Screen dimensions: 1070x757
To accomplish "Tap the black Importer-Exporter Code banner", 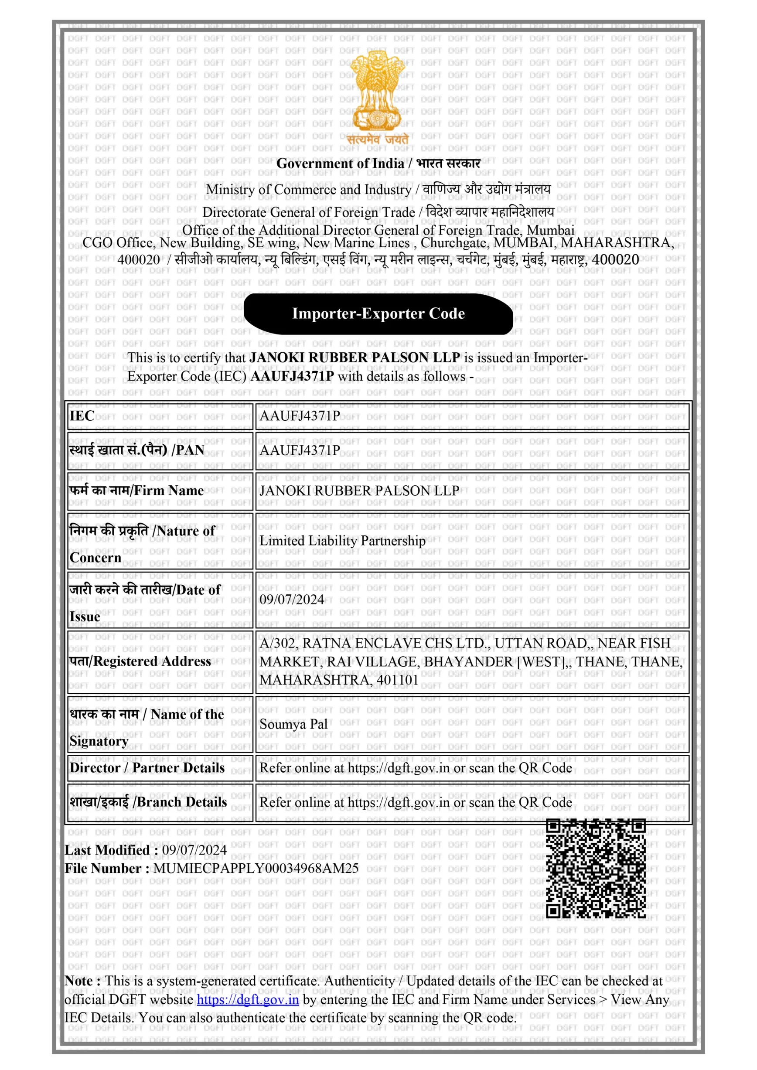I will [378, 314].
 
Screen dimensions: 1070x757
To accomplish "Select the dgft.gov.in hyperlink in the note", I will [248, 1000].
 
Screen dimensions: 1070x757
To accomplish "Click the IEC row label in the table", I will [82, 416].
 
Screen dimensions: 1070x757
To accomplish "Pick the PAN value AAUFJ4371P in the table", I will [300, 450].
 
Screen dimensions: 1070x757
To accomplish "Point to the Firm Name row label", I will [136, 490].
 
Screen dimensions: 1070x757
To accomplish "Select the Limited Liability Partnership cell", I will [342, 541].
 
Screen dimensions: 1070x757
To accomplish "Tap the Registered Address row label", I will [140, 661].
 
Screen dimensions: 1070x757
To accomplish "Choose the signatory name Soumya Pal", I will [293, 724].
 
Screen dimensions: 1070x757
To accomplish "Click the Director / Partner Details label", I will [147, 767].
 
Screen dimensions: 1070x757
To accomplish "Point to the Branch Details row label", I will [148, 802].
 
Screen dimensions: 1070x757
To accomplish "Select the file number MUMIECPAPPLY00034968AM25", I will [256, 868].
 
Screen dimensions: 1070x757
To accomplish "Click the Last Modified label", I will [111, 850].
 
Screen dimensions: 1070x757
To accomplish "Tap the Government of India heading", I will [340, 164].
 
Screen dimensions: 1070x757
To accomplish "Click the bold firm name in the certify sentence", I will [355, 358].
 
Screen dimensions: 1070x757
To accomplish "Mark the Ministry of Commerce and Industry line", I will [309, 190].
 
